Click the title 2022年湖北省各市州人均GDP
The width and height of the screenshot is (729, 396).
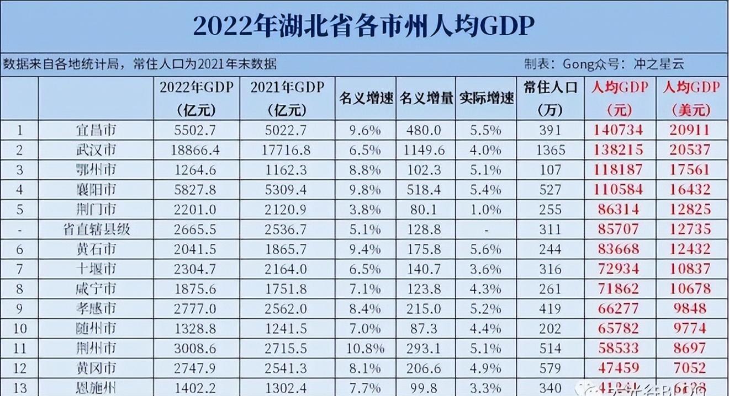coord(364,26)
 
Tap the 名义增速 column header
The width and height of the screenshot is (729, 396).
coord(366,98)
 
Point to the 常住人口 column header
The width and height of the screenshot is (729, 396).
coord(550,88)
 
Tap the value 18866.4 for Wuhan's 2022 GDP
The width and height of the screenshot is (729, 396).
coord(196,150)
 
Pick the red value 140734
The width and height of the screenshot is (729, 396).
coord(619,131)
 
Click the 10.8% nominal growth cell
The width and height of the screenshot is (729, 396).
coord(366,347)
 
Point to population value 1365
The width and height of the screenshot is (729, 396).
coord(550,150)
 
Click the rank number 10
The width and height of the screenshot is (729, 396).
coord(20,328)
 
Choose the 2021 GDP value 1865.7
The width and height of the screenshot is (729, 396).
coord(287,249)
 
